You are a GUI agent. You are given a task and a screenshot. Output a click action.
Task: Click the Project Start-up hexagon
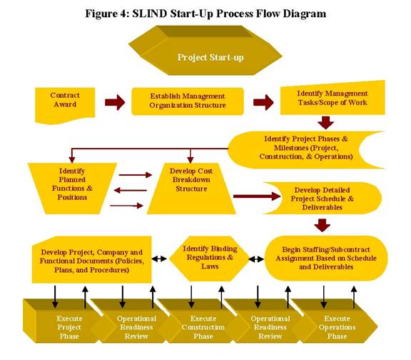pos(205,51)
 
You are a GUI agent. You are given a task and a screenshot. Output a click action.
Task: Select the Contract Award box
pos(65,104)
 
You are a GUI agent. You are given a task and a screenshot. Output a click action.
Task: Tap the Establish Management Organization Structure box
pos(188,101)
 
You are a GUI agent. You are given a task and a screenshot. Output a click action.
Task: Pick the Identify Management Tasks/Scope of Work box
pos(333,98)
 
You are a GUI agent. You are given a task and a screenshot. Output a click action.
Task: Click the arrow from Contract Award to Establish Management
pos(115,102)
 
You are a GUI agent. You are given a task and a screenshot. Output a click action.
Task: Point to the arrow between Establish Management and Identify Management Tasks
pos(263,102)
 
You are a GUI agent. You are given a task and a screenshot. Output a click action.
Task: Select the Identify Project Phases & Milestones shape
pos(306,149)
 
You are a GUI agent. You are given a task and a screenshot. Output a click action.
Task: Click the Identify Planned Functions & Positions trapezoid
pos(72,189)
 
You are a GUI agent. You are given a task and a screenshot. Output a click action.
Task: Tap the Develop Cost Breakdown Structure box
pos(191,189)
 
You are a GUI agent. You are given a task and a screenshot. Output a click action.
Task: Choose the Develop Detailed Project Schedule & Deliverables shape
pos(323,199)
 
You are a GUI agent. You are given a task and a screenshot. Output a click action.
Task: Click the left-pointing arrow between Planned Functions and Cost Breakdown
pos(131,190)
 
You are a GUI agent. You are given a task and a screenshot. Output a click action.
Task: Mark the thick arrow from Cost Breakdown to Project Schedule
pos(257,196)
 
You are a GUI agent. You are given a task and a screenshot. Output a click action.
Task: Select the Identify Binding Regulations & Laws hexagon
pos(210,259)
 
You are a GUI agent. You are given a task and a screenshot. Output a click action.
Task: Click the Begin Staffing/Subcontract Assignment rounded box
pos(326,258)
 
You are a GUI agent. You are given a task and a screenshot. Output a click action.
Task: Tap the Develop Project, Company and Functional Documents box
pos(92,260)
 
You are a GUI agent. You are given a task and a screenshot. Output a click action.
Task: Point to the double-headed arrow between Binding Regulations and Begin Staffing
pos(256,259)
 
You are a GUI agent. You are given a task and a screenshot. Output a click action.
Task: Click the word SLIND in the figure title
pos(149,14)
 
